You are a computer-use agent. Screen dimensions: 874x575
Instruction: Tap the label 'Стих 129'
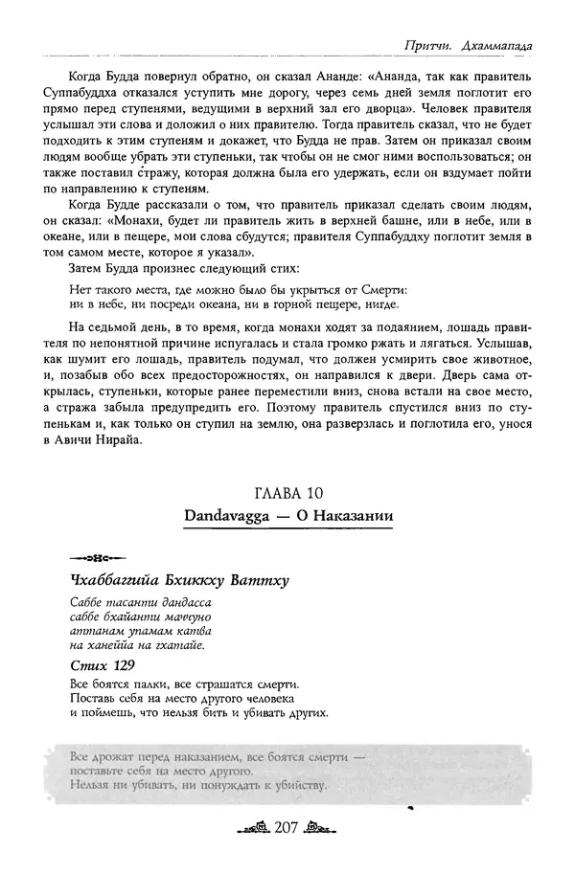pos(102,664)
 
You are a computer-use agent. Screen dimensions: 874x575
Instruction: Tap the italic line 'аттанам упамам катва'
pos(140,631)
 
